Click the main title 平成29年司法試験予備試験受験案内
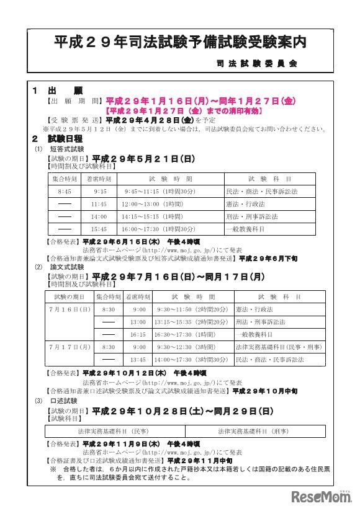point(180,42)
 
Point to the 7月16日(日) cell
point(70,309)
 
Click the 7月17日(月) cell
point(70,347)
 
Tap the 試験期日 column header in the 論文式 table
point(70,296)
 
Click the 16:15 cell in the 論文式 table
point(139,334)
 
